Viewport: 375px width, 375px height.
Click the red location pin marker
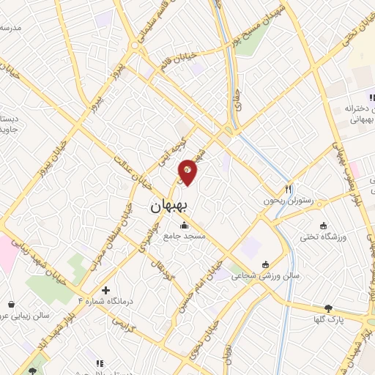(x=188, y=172)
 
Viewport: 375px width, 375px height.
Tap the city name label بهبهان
(x=169, y=207)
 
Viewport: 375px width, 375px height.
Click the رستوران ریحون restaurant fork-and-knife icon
(x=289, y=188)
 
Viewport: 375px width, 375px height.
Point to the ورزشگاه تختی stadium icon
(x=323, y=226)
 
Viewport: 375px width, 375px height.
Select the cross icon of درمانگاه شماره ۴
(x=106, y=290)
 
